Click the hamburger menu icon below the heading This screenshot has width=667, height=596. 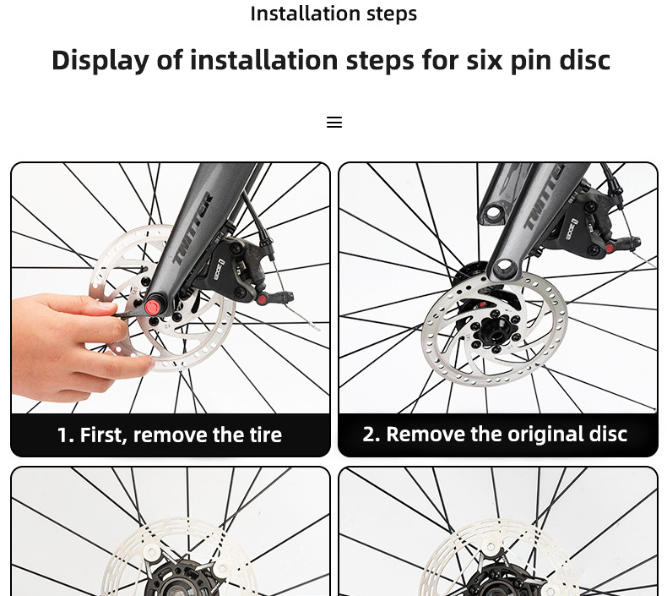pyautogui.click(x=334, y=123)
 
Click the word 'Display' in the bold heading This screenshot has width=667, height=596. pyautogui.click(x=100, y=61)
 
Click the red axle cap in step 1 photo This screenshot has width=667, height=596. pyautogui.click(x=152, y=307)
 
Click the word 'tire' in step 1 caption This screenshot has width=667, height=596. pyautogui.click(x=264, y=435)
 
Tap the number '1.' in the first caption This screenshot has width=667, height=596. pyautogui.click(x=66, y=435)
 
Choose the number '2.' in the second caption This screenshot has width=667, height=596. pyautogui.click(x=372, y=435)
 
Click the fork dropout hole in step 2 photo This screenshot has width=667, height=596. pyautogui.click(x=504, y=267)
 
